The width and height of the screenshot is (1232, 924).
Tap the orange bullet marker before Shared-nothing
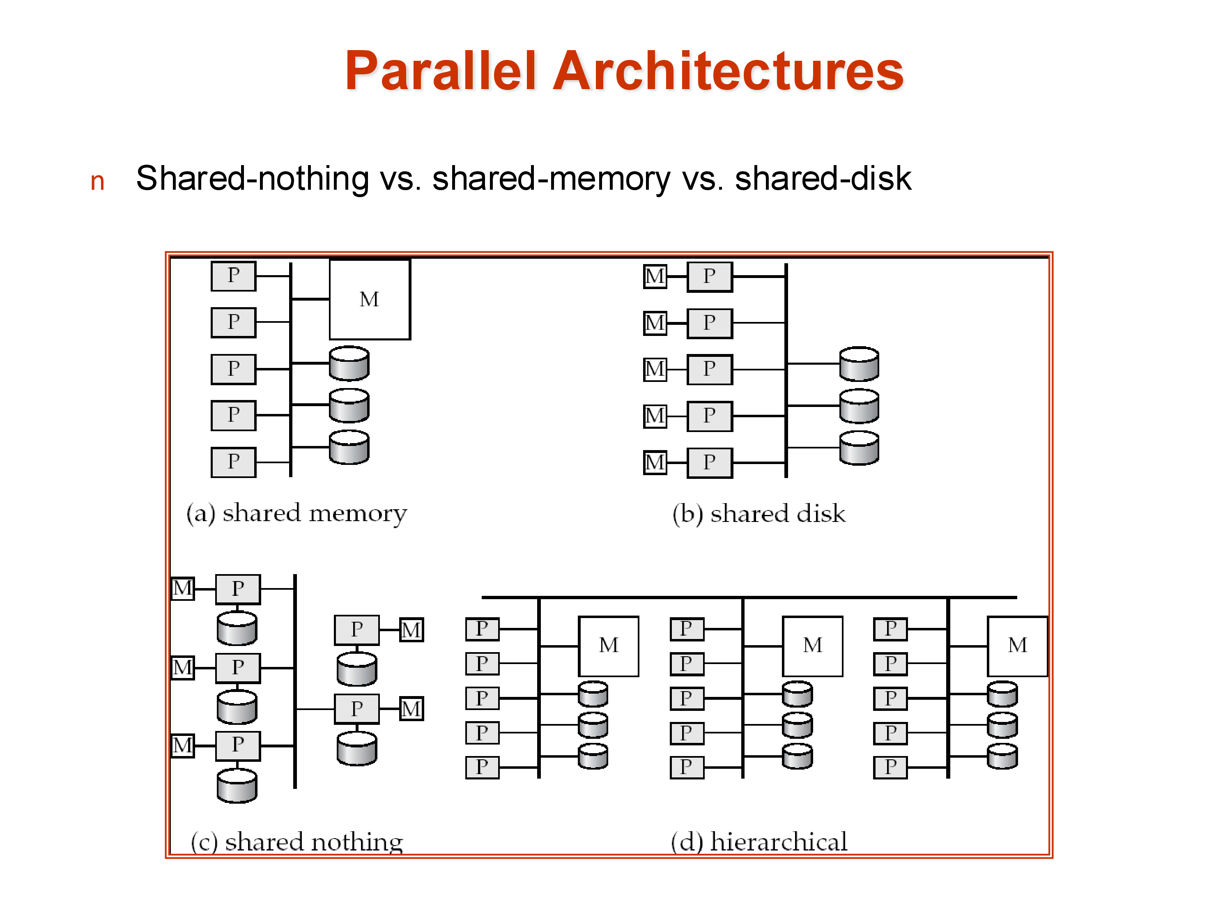[x=97, y=182]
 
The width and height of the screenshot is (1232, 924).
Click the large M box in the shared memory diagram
[x=369, y=299]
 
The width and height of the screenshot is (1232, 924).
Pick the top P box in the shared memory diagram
[x=233, y=276]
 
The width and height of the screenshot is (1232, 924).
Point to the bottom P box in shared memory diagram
[x=233, y=462]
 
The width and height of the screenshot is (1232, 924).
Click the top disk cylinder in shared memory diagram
[x=349, y=363]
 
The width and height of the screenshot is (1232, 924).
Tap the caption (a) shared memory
[x=297, y=513]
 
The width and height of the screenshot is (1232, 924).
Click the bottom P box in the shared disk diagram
[x=709, y=462]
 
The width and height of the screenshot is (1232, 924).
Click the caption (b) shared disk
[x=759, y=513]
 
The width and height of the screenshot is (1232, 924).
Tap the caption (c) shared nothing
[x=297, y=841]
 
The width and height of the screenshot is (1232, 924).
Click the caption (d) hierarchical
[x=759, y=841]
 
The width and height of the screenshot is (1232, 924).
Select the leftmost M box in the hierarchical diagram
[x=608, y=646]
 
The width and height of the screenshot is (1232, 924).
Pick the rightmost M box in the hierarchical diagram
[x=1017, y=646]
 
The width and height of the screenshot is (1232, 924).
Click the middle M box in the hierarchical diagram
[x=813, y=646]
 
